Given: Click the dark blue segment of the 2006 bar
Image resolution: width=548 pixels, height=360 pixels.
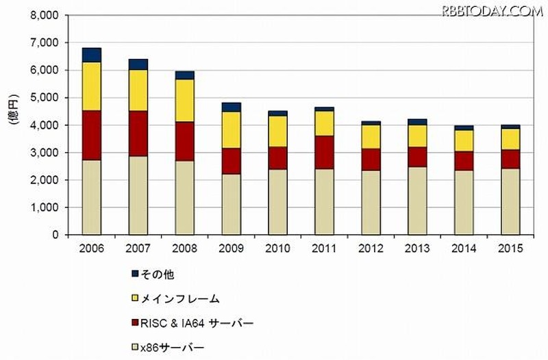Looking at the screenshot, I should coord(91,55).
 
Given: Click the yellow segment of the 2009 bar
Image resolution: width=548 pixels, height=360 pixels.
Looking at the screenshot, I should coord(231,129).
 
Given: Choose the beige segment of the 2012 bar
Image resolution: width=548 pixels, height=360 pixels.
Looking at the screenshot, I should coord(371,203).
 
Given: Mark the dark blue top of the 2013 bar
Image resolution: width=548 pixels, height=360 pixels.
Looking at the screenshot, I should coord(417,122).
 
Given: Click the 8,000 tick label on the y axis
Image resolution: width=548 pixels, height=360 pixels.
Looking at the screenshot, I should coord(44,15).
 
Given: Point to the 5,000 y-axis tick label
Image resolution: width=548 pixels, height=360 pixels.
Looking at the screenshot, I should coord(44,98).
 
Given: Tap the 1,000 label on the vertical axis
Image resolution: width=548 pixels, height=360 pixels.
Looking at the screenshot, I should coord(44,207).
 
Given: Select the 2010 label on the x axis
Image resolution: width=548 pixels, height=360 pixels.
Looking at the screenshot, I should coord(277,248).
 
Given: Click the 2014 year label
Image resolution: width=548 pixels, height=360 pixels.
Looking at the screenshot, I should coord(464,248).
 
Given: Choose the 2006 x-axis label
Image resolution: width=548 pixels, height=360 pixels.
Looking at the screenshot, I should coord(91,248).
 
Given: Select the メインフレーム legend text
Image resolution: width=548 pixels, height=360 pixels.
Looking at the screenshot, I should coord(182,298).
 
